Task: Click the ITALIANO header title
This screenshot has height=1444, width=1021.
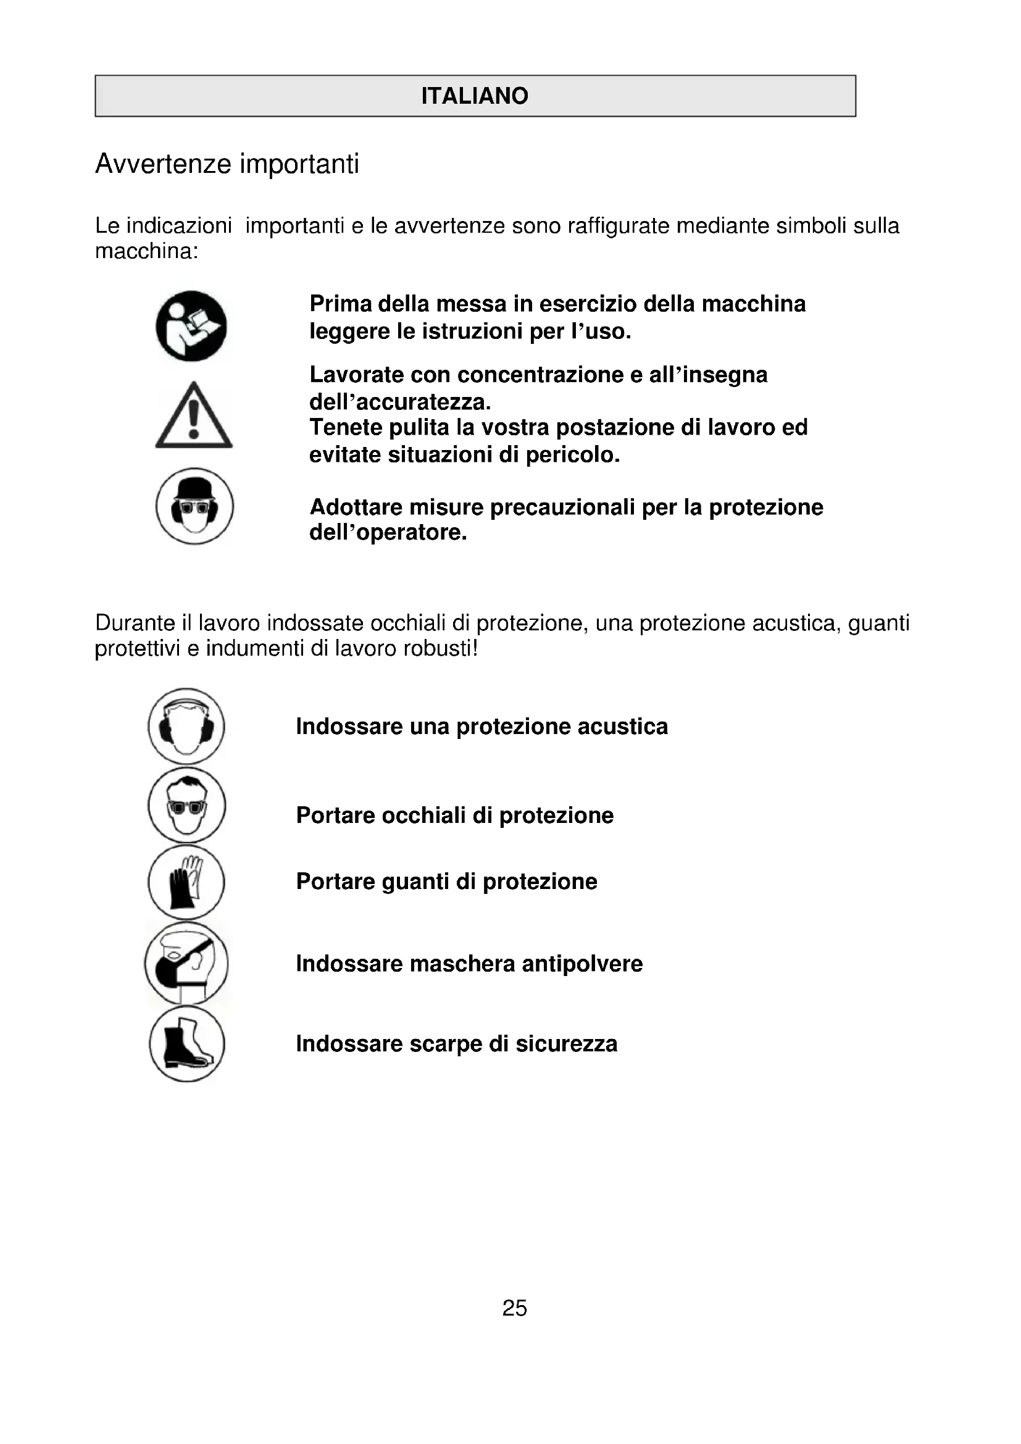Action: click(475, 96)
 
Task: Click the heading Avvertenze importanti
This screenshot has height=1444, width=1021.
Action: click(227, 164)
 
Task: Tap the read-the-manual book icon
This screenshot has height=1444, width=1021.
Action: click(191, 326)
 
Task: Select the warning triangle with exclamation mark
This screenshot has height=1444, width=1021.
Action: click(194, 415)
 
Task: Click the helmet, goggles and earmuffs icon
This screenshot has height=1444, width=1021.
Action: click(194, 506)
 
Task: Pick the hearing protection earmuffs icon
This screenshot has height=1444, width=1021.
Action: click(186, 727)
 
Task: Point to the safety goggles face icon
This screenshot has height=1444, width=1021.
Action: click(186, 805)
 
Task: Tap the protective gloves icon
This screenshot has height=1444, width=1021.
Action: click(186, 882)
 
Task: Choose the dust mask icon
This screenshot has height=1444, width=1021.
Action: click(186, 963)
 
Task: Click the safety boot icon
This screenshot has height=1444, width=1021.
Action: click(186, 1044)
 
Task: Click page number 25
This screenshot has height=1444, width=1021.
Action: click(514, 1308)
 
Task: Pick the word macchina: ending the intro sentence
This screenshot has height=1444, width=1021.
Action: click(146, 251)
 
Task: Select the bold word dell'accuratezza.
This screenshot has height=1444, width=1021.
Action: click(400, 402)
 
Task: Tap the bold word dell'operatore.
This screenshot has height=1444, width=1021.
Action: click(388, 533)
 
